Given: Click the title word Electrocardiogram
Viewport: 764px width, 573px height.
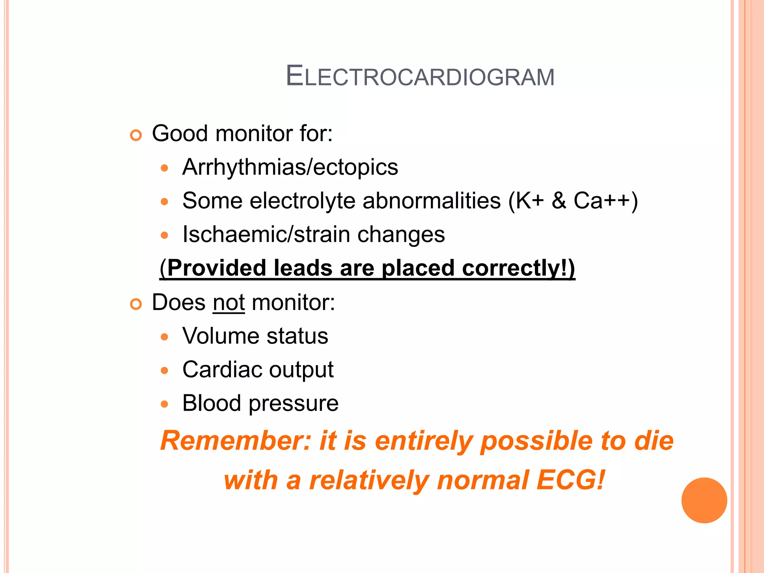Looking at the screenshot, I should click(x=420, y=76).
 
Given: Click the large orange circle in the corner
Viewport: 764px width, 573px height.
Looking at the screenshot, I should click(x=704, y=500).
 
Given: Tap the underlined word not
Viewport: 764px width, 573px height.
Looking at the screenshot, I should click(x=229, y=303).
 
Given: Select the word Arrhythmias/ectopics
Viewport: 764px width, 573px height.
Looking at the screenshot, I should click(x=290, y=167).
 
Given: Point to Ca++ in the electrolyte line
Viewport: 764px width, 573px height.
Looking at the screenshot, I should click(x=601, y=201).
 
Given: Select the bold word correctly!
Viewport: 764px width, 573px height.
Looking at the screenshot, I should click(x=515, y=268).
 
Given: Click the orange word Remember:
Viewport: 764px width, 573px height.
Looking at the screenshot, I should click(x=235, y=441).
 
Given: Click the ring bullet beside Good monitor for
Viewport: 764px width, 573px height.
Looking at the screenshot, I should click(x=136, y=135).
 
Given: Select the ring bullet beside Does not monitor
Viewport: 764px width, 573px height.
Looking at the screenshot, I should click(x=136, y=304).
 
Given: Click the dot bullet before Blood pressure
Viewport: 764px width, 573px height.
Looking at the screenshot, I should click(x=165, y=404).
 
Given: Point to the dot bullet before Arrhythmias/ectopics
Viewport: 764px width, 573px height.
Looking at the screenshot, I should click(x=165, y=168).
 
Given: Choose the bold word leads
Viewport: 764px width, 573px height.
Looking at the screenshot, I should click(x=303, y=268).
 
